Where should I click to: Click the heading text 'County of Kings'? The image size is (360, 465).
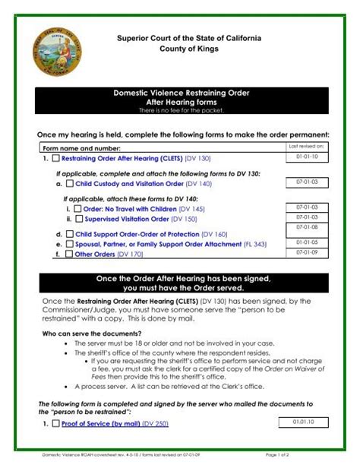point(189,49)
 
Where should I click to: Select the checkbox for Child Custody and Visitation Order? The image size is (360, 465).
point(70,184)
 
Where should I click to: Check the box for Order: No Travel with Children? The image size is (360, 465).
point(78,209)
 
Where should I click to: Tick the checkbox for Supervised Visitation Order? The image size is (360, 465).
point(78,220)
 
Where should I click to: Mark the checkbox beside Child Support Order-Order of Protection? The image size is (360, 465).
point(70,234)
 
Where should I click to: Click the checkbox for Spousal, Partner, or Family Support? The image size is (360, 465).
point(70,245)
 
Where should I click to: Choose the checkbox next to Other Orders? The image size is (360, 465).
point(70,255)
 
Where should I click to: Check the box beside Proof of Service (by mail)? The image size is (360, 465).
point(56,423)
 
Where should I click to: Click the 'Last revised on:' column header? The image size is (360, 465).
point(306,146)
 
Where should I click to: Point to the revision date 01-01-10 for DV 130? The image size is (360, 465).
point(306,157)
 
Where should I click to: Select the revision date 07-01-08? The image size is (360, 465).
point(306,227)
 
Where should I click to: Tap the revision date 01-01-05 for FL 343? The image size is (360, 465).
point(306,242)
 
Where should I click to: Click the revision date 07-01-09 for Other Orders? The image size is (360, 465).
point(306,252)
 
